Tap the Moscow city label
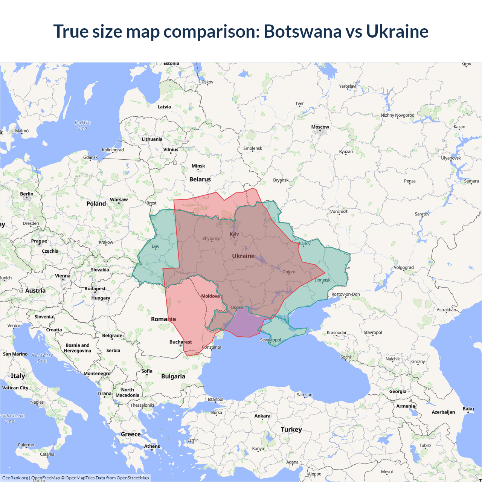tap(320, 127)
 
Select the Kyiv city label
tap(234, 234)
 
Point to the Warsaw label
tap(119, 200)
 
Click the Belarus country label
tap(200, 179)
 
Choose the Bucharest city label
tap(180, 342)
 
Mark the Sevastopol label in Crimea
tap(270, 340)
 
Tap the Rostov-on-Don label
tap(345, 294)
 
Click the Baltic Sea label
tap(82, 125)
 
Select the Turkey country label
tap(291, 429)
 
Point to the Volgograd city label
tap(403, 267)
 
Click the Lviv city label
tap(156, 246)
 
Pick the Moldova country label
tap(210, 296)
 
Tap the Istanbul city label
tap(215, 399)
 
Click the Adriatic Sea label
tap(42, 358)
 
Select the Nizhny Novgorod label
tap(397, 115)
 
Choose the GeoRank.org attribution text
tap(15, 478)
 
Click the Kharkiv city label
tap(304, 243)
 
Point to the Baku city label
tap(468, 409)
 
